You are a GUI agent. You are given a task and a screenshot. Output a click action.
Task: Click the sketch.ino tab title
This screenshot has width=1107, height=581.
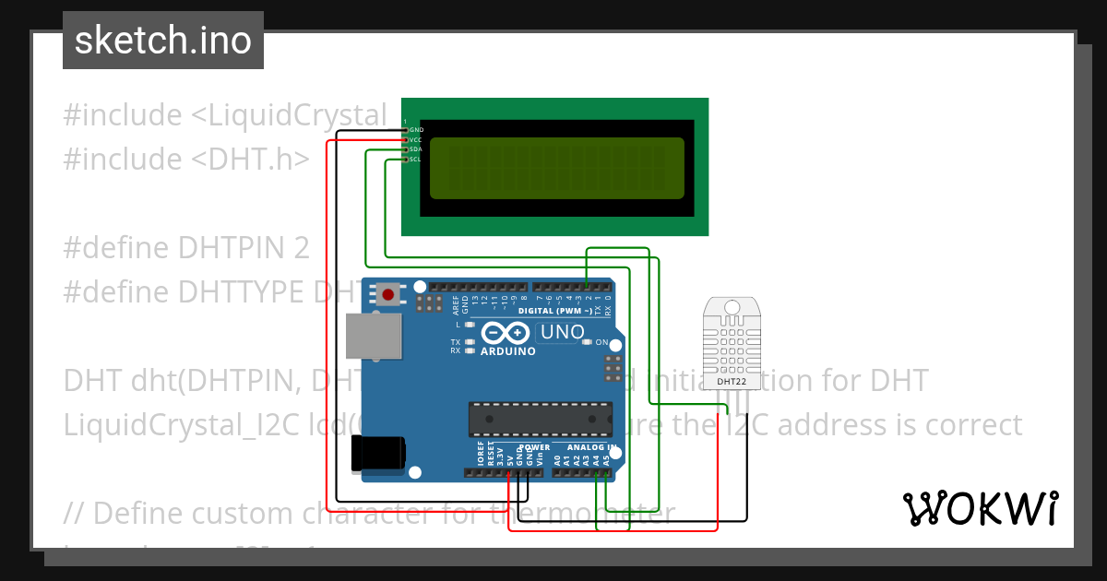(x=163, y=41)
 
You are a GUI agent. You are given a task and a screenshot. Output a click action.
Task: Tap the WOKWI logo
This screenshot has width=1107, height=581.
(x=980, y=508)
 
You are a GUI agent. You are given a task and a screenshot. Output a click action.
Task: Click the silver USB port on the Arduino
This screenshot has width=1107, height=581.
(x=375, y=337)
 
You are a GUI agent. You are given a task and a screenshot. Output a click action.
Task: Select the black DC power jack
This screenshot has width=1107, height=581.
(x=378, y=453)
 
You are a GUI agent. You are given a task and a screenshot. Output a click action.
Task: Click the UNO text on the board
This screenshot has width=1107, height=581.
(x=562, y=332)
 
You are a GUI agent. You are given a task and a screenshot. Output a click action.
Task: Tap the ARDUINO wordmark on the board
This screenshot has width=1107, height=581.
(x=508, y=351)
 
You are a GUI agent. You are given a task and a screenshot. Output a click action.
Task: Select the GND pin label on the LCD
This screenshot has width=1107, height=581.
(x=416, y=130)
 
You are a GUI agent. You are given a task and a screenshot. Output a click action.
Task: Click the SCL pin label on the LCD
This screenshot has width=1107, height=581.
(x=415, y=160)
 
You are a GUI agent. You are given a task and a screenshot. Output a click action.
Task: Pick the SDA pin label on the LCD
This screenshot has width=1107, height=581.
(x=415, y=149)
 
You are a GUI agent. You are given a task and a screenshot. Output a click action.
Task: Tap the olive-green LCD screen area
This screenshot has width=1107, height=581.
(x=557, y=168)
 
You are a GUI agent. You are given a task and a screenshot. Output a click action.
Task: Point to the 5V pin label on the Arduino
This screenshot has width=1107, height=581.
(x=509, y=456)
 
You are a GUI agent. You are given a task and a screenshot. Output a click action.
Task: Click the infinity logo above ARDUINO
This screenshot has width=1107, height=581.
(x=506, y=333)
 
